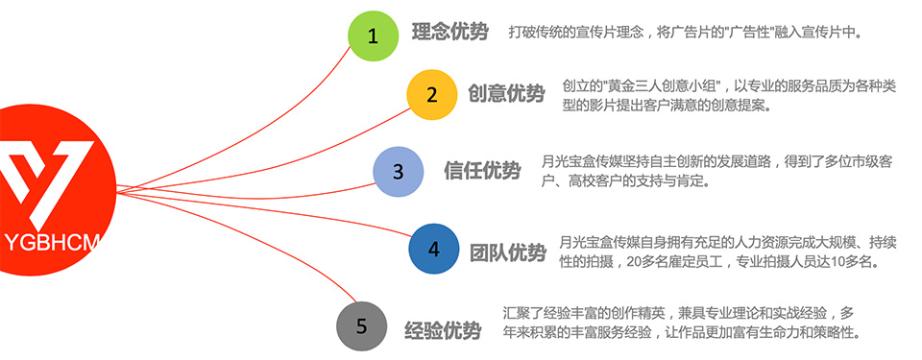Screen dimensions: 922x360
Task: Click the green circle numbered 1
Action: pos(374,36)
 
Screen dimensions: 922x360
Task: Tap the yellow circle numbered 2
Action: pos(432,95)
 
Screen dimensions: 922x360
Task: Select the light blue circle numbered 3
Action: pos(398,172)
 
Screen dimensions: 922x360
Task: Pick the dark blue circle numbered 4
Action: pos(434,249)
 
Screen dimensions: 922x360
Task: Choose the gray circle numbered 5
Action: pos(362,326)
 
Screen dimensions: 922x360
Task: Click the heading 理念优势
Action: pos(449,32)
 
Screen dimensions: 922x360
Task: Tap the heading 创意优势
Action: pos(507,93)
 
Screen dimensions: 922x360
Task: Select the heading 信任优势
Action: pos(482,171)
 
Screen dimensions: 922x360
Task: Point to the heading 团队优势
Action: pos(508,252)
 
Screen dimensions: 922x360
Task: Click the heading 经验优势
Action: pos(443,330)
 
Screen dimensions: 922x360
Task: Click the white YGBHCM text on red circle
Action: pos(49,242)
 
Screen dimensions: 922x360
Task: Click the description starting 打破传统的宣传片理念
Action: pos(685,33)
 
